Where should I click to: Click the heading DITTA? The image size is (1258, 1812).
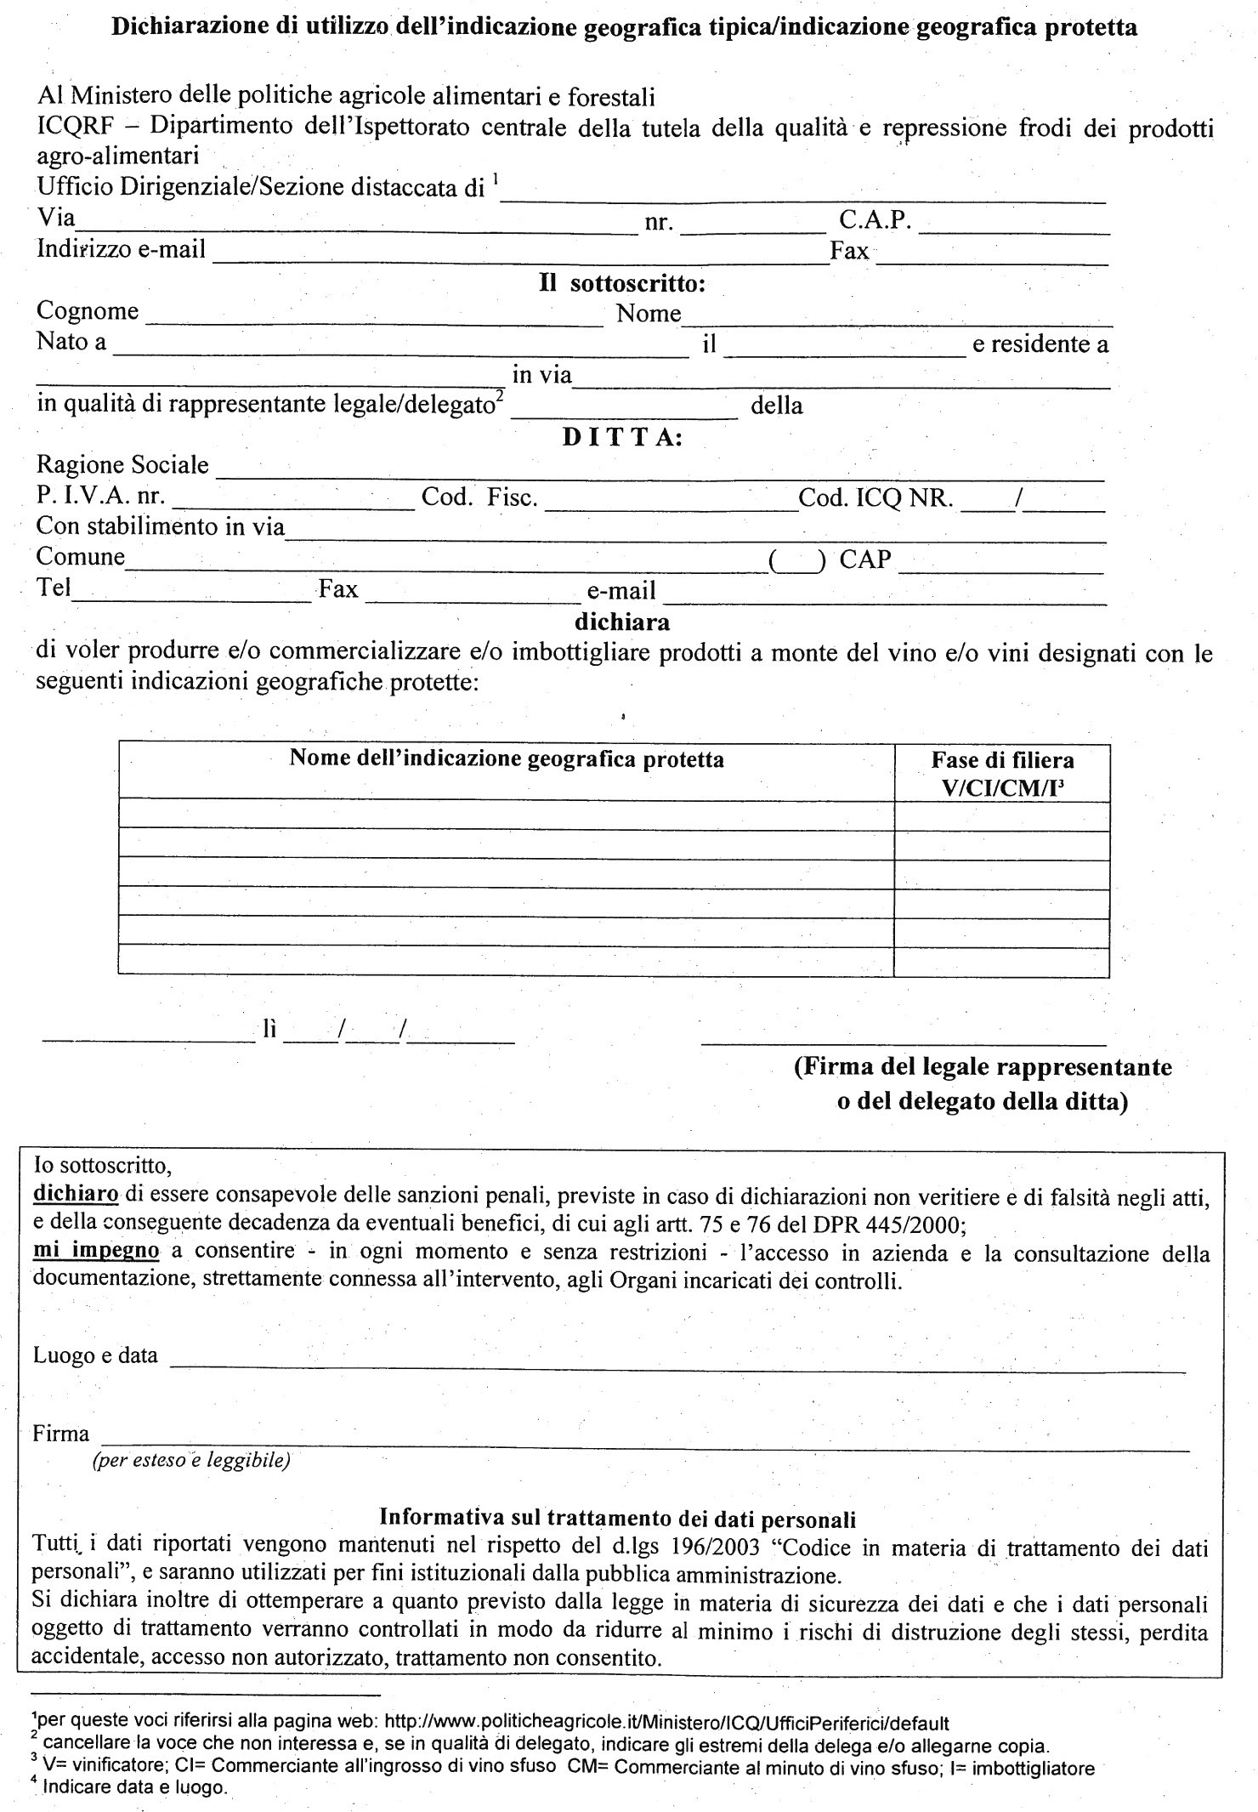(x=623, y=437)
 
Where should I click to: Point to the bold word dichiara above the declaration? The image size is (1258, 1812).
(x=622, y=622)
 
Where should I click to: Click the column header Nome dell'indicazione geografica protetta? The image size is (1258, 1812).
(x=507, y=758)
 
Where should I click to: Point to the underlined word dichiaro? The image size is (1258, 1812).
(x=75, y=1195)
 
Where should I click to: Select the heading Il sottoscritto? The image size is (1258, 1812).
(x=622, y=283)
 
